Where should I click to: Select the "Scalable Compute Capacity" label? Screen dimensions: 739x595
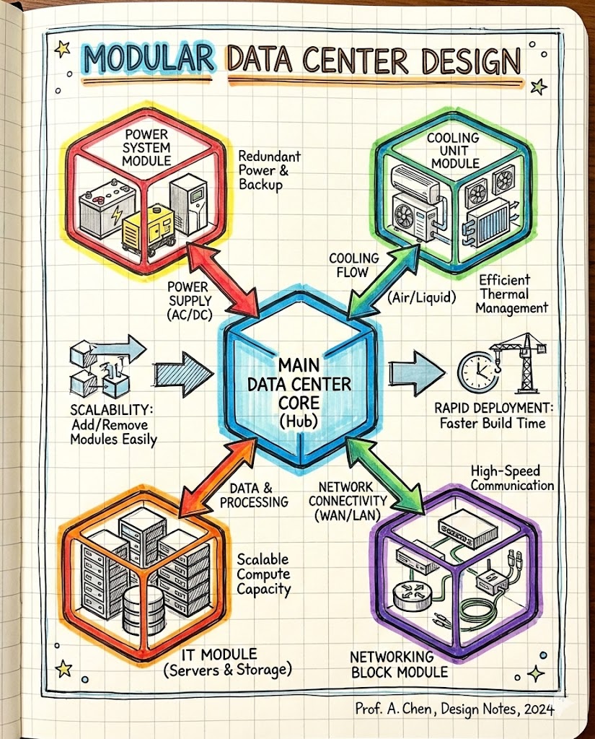pos(263,574)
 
